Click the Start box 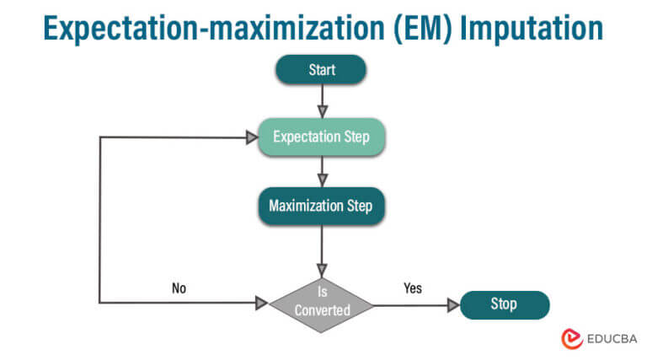point(320,69)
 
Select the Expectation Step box point(322,137)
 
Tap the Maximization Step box point(321,206)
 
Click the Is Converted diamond point(321,301)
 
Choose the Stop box point(504,304)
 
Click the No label point(179,287)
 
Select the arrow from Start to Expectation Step point(321,101)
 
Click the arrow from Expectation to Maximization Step point(321,171)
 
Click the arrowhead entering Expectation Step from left point(251,137)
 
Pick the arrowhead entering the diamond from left point(261,302)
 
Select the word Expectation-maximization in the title point(201,28)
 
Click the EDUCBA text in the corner point(610,338)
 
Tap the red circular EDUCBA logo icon point(572,338)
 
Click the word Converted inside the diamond point(321,309)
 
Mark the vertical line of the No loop point(100,219)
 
